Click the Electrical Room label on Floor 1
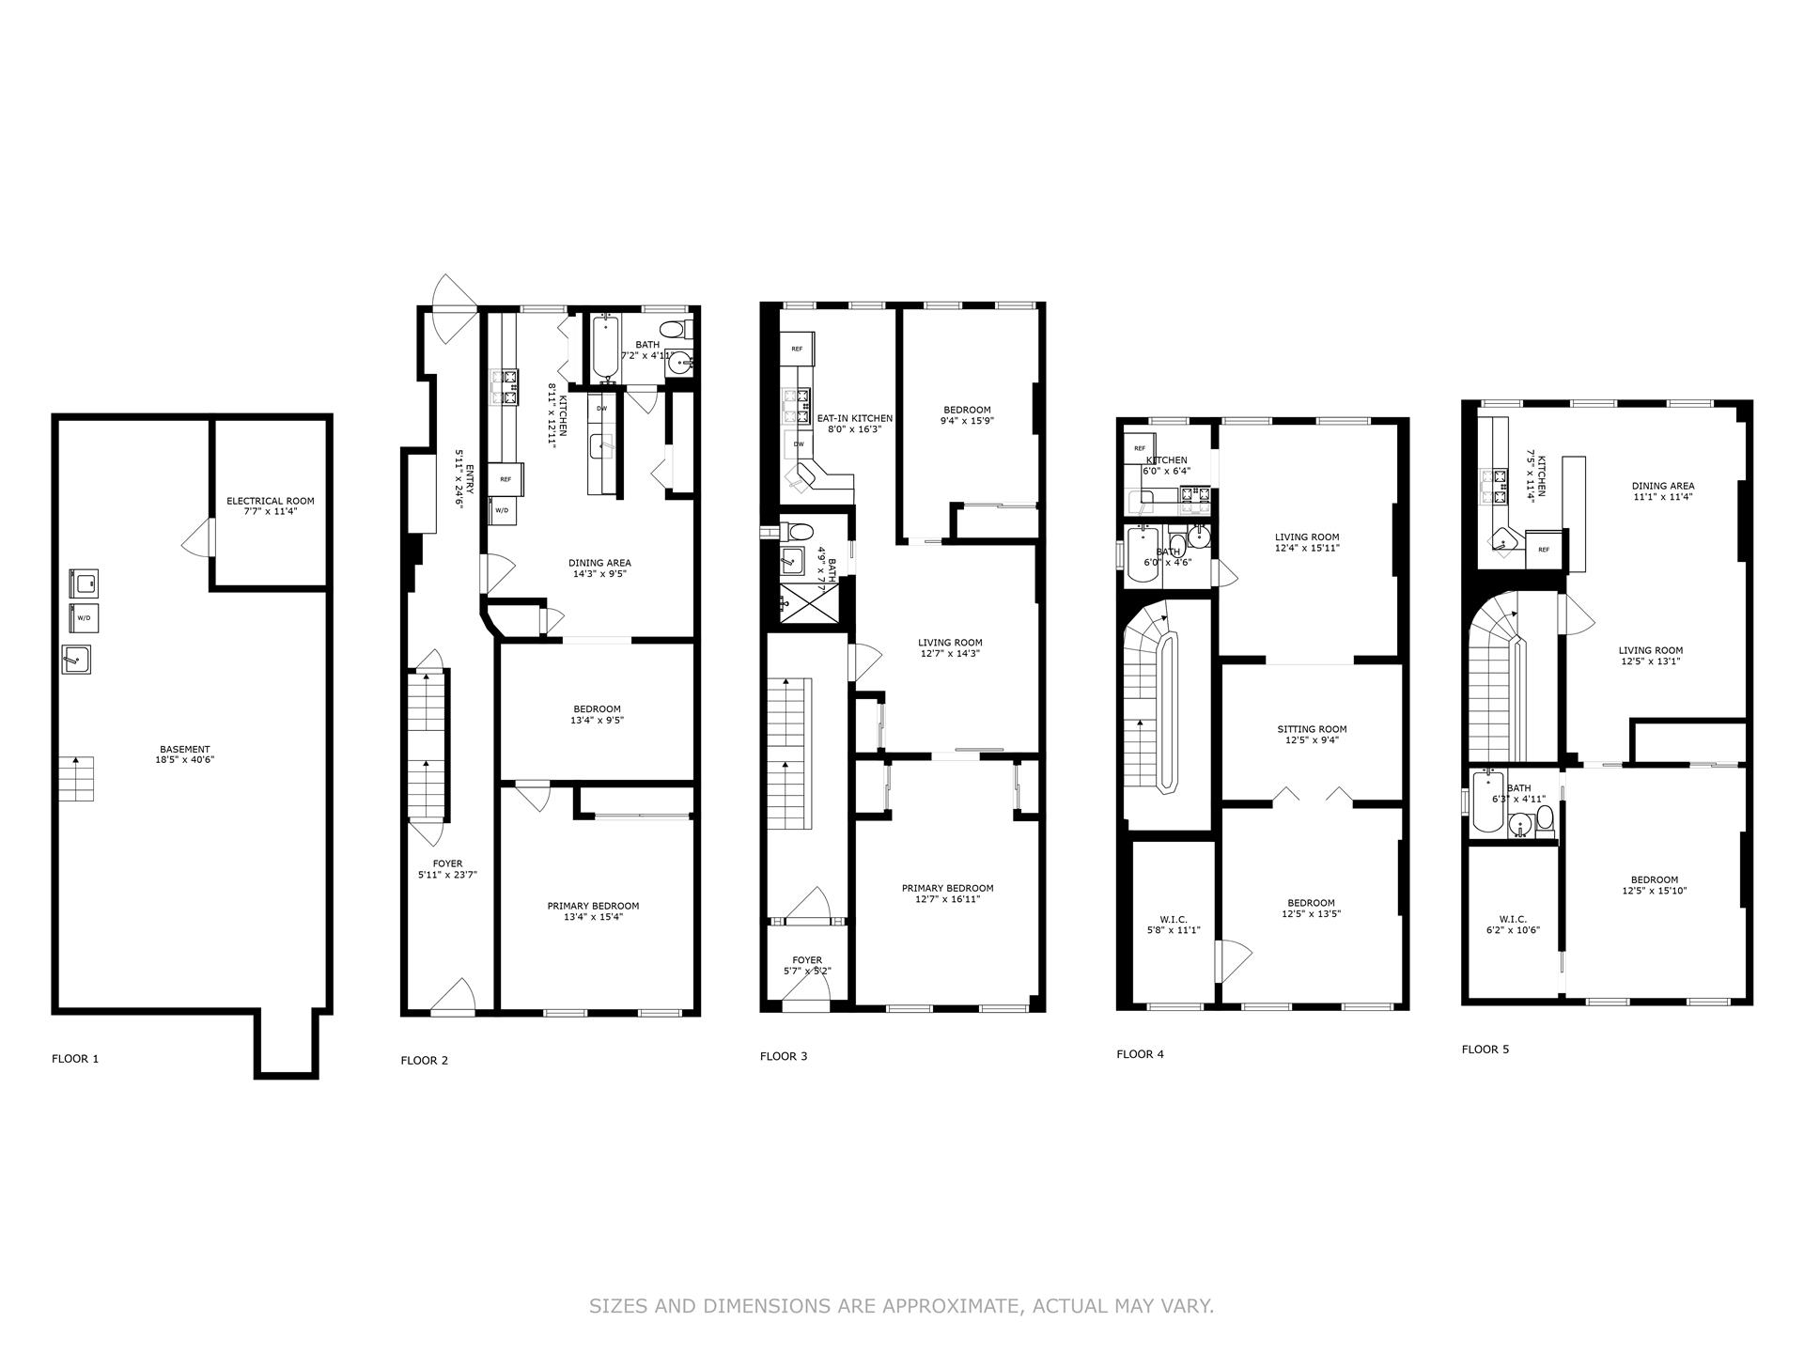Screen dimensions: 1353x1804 click(271, 506)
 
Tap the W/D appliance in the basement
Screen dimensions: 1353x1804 click(84, 618)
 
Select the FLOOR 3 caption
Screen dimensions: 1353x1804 click(784, 1056)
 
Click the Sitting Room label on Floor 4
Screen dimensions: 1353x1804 click(1312, 734)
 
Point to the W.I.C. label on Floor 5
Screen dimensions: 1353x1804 click(1513, 925)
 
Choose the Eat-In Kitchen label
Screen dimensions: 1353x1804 click(854, 424)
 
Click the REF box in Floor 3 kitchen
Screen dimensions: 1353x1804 click(797, 349)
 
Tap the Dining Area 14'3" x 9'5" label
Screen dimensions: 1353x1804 click(599, 568)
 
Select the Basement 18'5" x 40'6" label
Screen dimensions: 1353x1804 click(184, 754)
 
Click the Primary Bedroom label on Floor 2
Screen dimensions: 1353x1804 click(593, 911)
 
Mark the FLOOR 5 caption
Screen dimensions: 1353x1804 click(1485, 1050)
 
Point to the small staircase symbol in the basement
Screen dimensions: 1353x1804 click(77, 778)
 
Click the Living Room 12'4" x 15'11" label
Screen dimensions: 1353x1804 click(1306, 542)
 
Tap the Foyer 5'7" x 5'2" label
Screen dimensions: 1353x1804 click(807, 965)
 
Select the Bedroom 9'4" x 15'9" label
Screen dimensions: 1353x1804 click(967, 415)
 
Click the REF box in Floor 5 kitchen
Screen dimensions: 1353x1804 click(1544, 550)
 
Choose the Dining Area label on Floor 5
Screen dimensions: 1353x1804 click(1663, 491)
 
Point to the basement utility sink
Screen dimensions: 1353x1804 click(76, 660)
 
